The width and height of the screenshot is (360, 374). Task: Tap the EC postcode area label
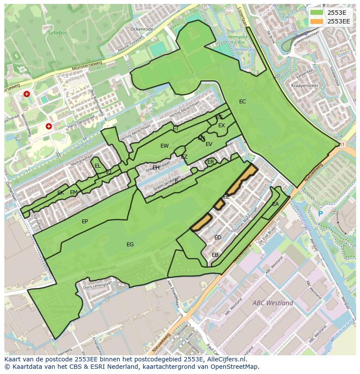243,102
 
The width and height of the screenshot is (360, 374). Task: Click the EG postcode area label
130,245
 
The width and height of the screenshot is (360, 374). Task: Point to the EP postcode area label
85,222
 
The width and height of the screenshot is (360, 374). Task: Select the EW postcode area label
164,146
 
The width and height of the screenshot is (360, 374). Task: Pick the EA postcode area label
275,204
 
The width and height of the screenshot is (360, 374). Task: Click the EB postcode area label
215,255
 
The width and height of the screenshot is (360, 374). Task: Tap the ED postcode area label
218,238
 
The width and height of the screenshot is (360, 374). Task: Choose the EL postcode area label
98,166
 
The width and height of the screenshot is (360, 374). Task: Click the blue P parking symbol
320,214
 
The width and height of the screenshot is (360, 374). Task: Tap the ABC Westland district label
273,303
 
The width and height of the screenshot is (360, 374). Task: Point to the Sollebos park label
57,33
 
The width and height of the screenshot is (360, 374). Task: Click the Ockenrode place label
142,29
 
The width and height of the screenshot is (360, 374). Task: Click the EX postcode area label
222,126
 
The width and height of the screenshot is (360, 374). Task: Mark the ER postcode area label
211,162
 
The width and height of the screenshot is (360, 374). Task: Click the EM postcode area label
73,192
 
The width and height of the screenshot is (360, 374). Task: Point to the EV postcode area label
209,144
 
